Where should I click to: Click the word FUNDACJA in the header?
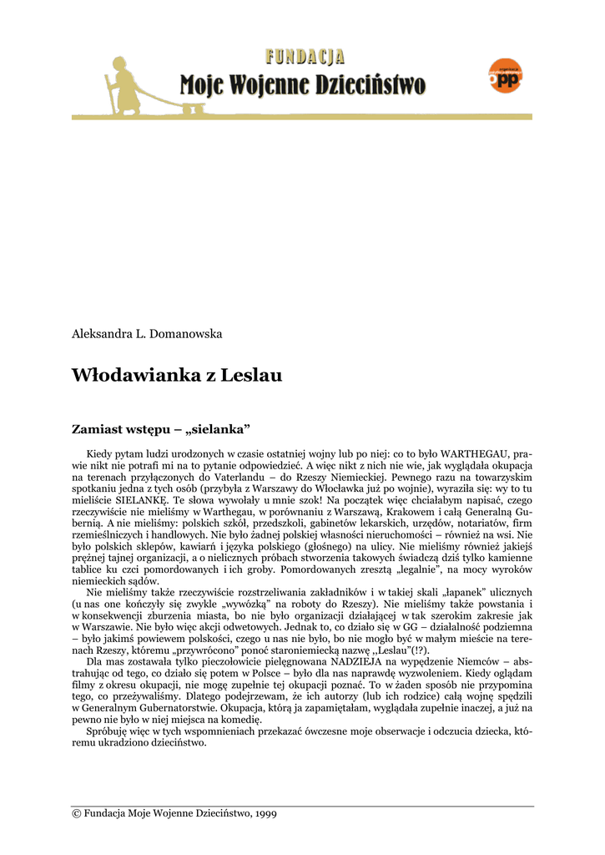[305, 57]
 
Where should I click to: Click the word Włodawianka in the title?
[133, 376]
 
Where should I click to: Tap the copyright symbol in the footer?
[76, 813]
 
